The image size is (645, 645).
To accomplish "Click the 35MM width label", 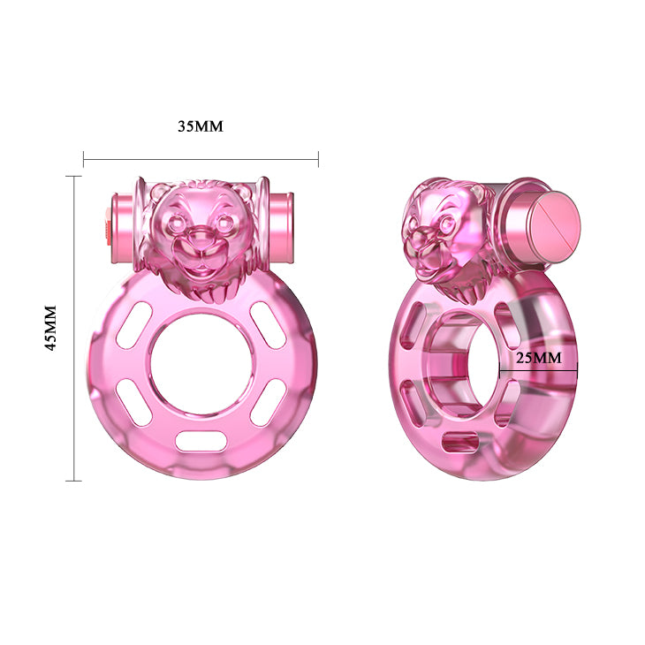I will tap(200, 126).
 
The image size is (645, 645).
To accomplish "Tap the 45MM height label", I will tap(50, 329).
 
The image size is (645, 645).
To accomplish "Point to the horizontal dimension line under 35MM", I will tap(201, 160).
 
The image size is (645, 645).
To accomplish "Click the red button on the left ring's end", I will tap(109, 224).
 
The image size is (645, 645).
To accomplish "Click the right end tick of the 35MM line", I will tap(318, 160).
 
